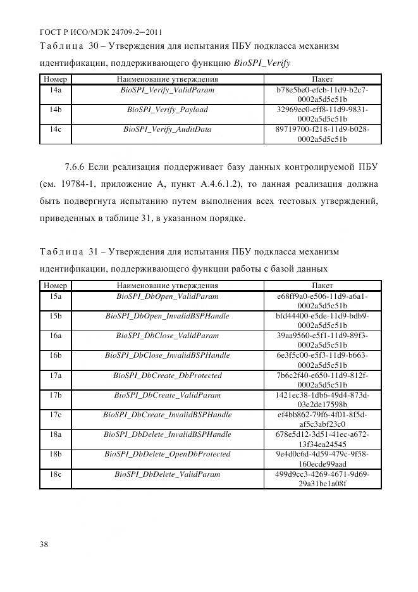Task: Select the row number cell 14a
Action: tap(55, 91)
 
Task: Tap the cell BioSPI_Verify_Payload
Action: tap(167, 110)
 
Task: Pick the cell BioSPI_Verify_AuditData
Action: tap(167, 129)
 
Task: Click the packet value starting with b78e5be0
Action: tap(322, 95)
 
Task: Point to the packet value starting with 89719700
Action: tap(322, 134)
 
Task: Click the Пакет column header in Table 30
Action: tap(322, 80)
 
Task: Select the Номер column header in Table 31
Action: tap(55, 286)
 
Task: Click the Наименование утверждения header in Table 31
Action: tap(167, 286)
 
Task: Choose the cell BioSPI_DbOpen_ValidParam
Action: tap(167, 296)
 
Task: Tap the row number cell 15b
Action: tap(55, 316)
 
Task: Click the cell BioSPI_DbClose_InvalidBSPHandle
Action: tap(167, 355)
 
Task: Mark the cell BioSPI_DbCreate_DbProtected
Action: tap(167, 375)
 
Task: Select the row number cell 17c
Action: tap(55, 415)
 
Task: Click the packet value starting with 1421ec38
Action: tap(322, 400)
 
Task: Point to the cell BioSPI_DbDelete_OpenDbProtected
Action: tap(167, 454)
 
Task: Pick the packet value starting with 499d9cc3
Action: tap(322, 478)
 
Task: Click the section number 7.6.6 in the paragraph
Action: tap(77, 168)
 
